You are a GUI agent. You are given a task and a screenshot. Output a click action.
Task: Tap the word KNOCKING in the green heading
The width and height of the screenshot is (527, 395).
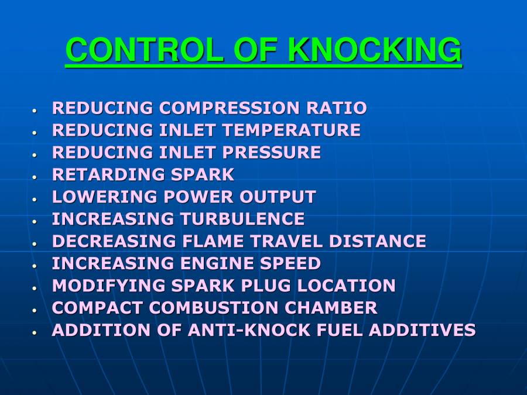(x=375, y=50)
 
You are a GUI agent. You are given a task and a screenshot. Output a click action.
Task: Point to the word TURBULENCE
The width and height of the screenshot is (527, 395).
(x=242, y=219)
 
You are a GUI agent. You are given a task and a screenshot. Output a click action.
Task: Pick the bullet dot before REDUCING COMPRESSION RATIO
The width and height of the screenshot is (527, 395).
(x=35, y=110)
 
